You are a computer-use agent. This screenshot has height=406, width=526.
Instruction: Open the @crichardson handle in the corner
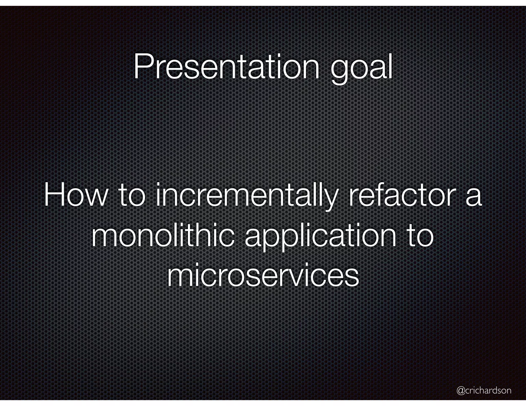(484, 383)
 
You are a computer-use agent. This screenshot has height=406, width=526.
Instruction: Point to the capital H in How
(54, 195)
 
